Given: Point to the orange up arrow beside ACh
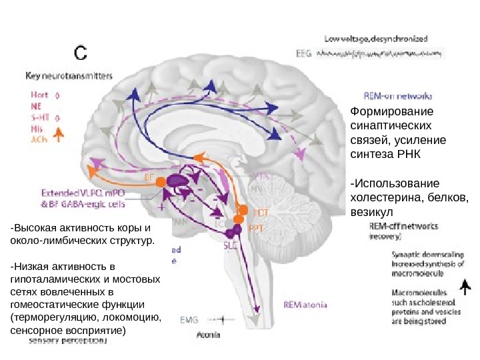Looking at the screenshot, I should [58, 135].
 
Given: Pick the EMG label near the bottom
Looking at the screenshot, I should [189, 319].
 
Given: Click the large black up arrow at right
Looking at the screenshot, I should [465, 287].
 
